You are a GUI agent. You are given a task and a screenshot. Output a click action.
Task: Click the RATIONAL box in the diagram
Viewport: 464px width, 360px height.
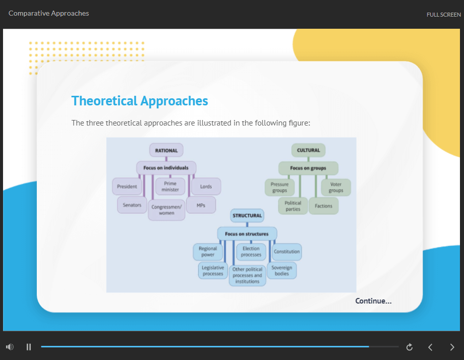[x=166, y=150]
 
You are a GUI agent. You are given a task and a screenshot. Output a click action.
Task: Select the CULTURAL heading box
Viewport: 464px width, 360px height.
[x=308, y=150]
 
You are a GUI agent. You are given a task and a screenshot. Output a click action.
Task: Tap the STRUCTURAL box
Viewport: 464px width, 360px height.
[x=247, y=216]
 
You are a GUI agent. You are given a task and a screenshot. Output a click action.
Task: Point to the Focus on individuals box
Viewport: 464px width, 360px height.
[x=166, y=168]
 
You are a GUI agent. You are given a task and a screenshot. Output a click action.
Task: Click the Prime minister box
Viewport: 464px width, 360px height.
[x=170, y=187]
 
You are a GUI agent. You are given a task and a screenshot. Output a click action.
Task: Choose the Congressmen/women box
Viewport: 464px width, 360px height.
[x=166, y=210]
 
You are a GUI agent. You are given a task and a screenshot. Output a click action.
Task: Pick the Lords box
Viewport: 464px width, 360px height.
[x=206, y=187]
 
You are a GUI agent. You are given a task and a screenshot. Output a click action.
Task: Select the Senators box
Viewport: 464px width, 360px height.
[x=132, y=205]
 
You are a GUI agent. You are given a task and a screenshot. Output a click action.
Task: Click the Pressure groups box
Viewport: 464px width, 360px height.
[x=279, y=187]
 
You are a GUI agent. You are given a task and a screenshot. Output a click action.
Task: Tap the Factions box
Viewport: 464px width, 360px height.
[x=323, y=206]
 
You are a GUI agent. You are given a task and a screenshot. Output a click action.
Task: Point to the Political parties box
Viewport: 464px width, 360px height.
[x=293, y=206]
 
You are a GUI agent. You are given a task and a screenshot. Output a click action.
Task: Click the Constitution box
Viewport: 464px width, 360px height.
[x=287, y=252]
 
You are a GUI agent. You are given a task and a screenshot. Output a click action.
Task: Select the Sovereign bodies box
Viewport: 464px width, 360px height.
[x=282, y=270]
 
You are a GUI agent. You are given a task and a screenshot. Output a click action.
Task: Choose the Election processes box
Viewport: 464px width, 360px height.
[x=251, y=252]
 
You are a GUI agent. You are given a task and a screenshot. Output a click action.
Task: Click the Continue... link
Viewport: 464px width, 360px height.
[x=373, y=301]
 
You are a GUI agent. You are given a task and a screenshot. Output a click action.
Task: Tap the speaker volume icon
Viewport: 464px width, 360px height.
[x=10, y=347]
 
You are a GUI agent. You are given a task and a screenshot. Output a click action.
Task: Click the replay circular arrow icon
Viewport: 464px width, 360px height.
[x=410, y=347]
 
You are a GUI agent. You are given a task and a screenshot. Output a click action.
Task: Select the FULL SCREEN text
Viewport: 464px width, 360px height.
[x=444, y=15]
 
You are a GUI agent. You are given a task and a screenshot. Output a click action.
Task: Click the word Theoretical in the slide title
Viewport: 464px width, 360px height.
[x=104, y=101]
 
